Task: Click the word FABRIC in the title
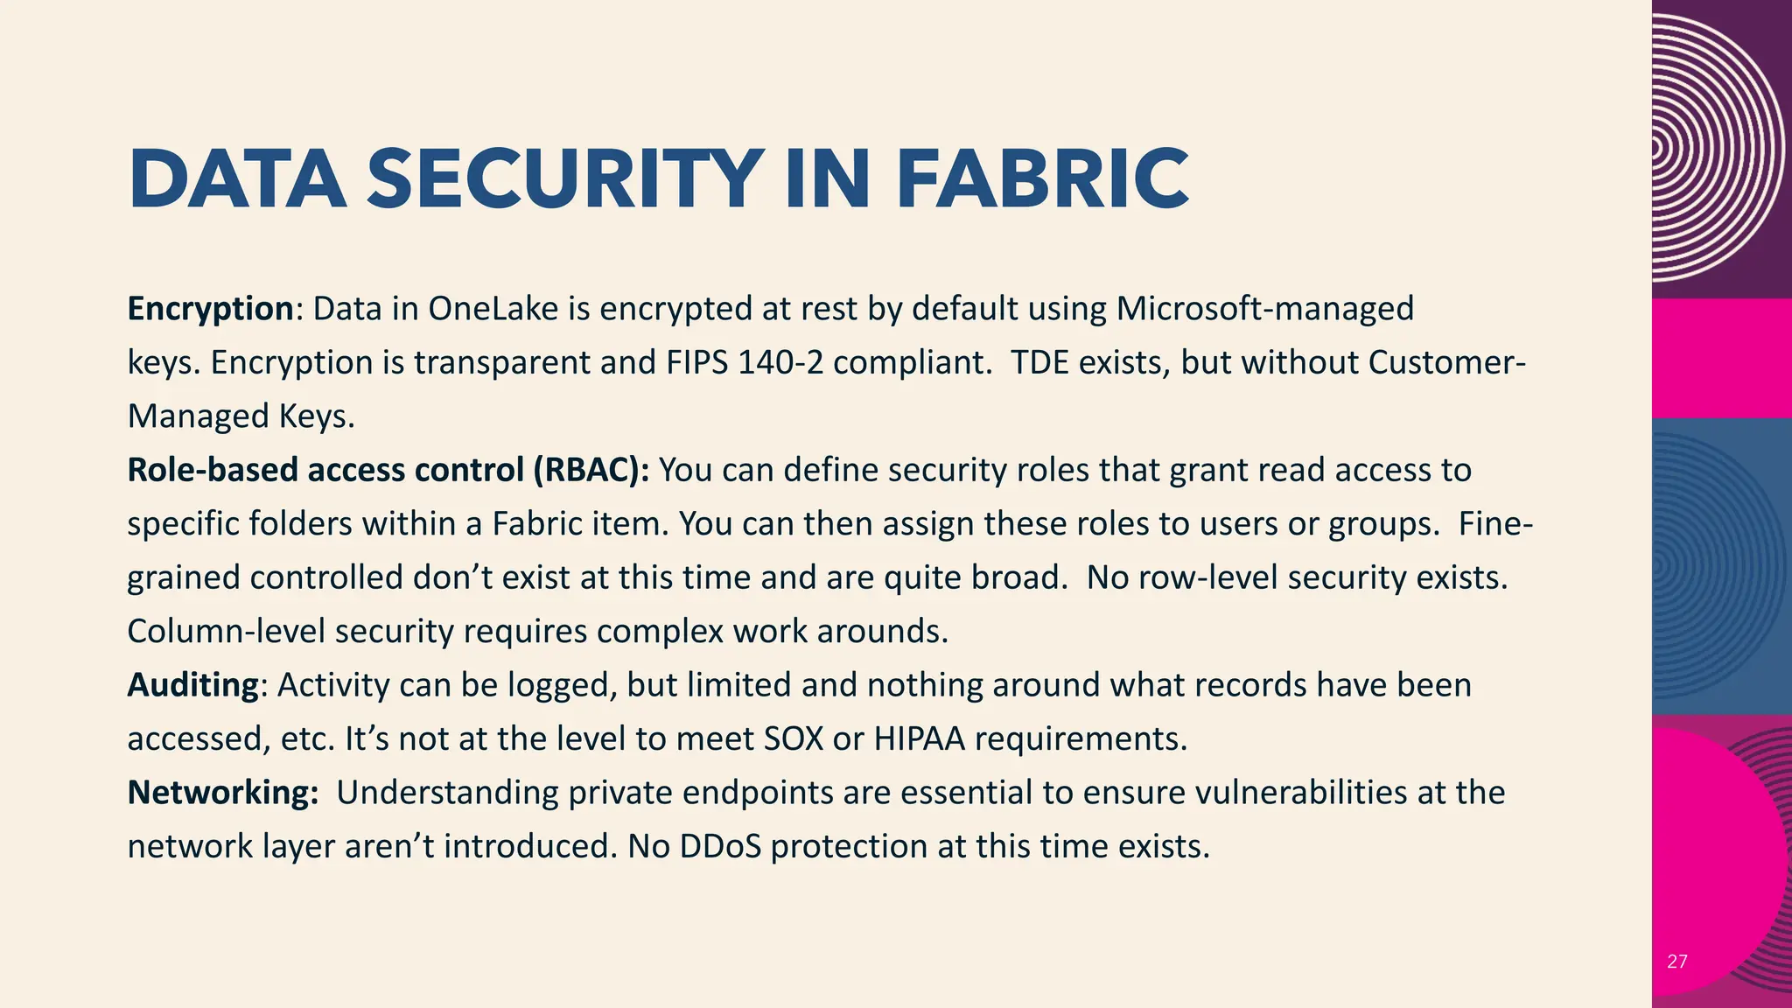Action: [x=1042, y=179]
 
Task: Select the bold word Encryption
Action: [x=210, y=309]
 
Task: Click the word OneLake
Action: [x=493, y=309]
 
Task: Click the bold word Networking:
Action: [x=223, y=793]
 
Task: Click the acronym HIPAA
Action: [x=919, y=739]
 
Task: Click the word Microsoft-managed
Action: [x=1264, y=309]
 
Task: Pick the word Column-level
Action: [x=227, y=631]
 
